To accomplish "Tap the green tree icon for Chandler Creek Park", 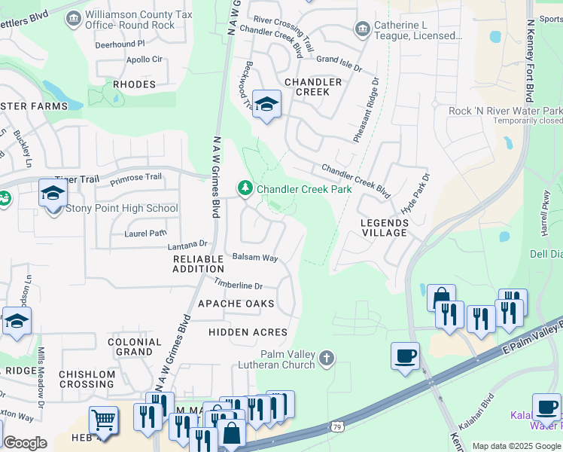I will click(x=245, y=188).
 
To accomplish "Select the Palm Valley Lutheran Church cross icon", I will click(x=326, y=358).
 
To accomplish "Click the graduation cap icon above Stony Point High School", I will click(x=52, y=194).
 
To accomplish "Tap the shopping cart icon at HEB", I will click(x=103, y=420).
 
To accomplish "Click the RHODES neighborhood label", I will click(x=134, y=84).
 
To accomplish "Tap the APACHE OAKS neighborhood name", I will click(x=236, y=303).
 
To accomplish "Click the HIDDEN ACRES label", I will click(x=248, y=331).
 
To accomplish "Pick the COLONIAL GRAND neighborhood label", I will click(x=135, y=347).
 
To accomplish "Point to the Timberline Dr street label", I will click(x=238, y=285).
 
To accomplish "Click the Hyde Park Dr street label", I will click(x=414, y=195).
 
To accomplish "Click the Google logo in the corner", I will click(x=25, y=443).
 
